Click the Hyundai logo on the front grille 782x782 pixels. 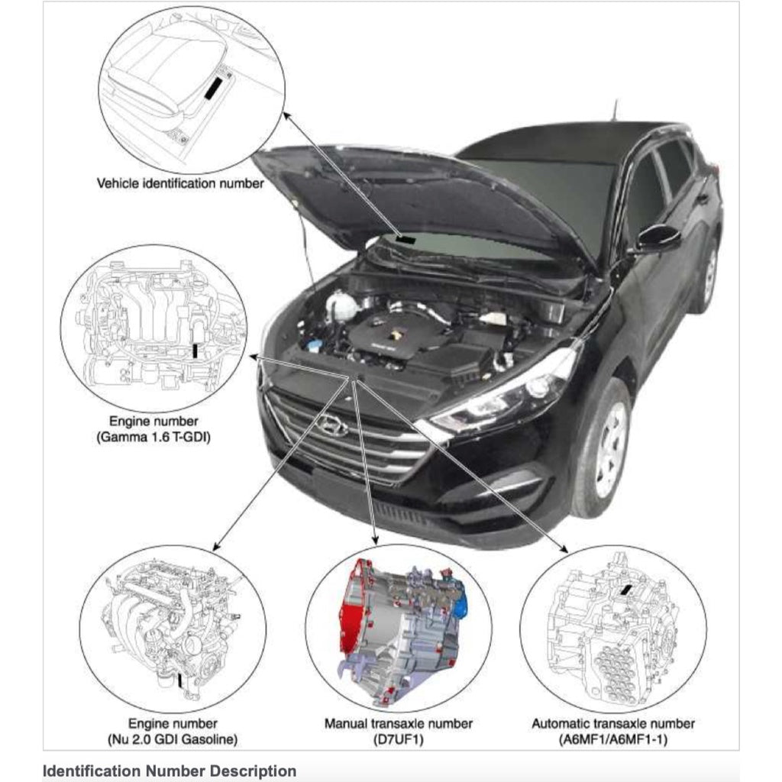[x=333, y=426]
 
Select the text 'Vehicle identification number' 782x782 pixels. [x=180, y=183]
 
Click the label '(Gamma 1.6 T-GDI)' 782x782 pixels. [x=153, y=437]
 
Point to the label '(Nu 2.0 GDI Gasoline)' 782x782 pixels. [x=173, y=739]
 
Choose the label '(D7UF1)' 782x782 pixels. [x=399, y=739]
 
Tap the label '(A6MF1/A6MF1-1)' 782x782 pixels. [x=613, y=739]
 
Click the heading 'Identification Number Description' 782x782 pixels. [x=170, y=771]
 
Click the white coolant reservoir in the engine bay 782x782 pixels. [x=342, y=306]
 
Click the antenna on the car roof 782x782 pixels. [x=613, y=111]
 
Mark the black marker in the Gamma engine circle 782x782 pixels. [x=196, y=350]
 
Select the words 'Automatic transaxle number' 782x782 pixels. [x=613, y=723]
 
